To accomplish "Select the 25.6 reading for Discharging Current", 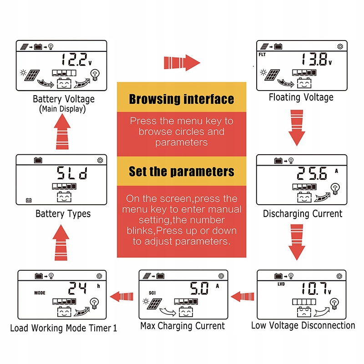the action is coord(312,173).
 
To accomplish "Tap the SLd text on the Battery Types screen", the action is coord(72,173).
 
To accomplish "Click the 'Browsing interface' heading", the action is coord(182,99).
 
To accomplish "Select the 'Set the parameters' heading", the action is coord(182,171).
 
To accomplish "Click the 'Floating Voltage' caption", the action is coord(301,97).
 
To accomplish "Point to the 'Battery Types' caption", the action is coord(63,213).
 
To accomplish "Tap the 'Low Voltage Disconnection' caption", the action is coord(303,325).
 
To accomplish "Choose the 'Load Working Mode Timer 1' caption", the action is coord(63,328).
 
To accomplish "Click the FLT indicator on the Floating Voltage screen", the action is coord(263,53).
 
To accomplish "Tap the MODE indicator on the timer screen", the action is coord(40,293).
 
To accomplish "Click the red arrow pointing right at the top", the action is coord(182,62).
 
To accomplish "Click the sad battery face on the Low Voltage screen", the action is coord(302,313).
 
